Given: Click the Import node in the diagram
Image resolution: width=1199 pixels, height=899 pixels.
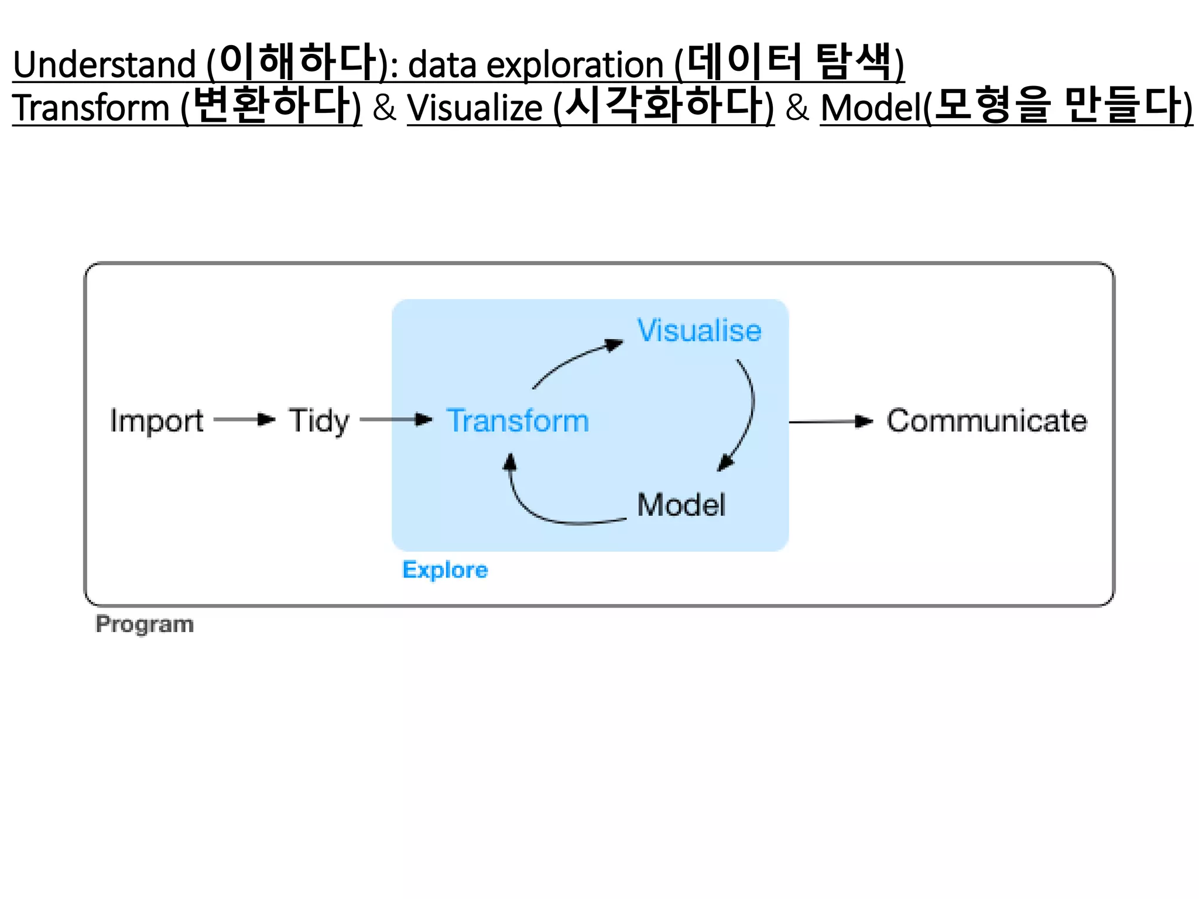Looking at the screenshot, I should pos(156,421).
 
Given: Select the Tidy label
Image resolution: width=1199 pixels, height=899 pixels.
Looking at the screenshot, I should pos(318,421).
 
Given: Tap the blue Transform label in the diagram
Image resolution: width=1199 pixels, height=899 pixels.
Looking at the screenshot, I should pos(518,421).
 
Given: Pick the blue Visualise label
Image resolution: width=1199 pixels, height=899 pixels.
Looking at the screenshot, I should pos(699,330).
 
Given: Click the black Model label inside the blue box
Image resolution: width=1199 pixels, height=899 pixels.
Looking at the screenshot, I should pos(681,505).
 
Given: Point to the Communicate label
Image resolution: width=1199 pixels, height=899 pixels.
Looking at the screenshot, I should pos(986,421).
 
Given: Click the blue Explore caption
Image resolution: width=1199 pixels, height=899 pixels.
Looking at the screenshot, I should pos(445,569).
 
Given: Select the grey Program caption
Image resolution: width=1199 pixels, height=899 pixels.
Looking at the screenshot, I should pos(145,624).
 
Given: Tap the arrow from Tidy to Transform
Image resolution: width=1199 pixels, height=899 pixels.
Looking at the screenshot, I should pos(396,419).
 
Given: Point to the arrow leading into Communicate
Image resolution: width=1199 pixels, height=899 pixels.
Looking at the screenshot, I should pos(830,421).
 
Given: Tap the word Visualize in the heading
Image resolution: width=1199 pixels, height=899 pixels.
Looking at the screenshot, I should pos(475,108).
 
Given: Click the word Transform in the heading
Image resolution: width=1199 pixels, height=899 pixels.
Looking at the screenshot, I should pos(91,108).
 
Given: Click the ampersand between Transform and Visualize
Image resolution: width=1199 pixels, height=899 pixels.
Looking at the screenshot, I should pos(384,108).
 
